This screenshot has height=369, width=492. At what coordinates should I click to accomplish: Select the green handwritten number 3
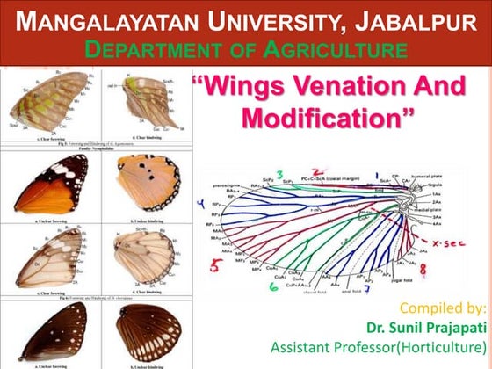coord(279,176)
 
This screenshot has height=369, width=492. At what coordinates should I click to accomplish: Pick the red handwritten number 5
coord(214,264)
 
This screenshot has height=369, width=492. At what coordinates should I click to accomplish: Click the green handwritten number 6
coord(274,286)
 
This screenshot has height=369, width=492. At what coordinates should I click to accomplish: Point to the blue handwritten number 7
coord(368,286)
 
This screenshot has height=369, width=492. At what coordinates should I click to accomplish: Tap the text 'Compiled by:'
coord(443,307)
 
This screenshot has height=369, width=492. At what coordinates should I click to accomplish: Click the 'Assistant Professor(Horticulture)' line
coord(394,347)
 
